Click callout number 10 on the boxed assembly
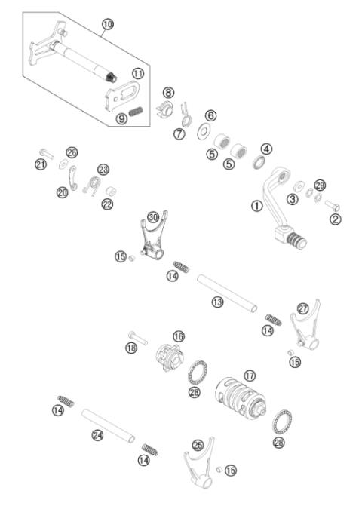coord(107,25)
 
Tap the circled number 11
coord(138,73)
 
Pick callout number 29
coord(320,186)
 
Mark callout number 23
coord(103,170)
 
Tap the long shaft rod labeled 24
coord(109,427)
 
